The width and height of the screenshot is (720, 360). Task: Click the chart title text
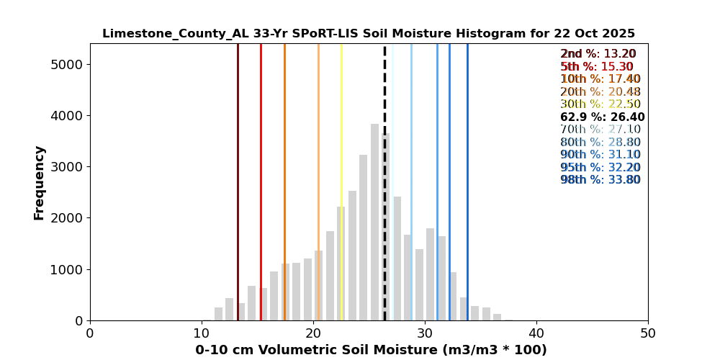click(x=368, y=34)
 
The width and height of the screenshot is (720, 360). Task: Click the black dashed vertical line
click(x=384, y=180)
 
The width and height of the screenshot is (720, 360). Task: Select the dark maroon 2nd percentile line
click(x=238, y=180)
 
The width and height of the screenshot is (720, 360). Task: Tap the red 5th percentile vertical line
click(x=261, y=180)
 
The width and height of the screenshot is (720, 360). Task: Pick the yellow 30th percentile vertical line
click(x=341, y=180)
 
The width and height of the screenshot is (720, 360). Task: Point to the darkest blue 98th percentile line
click(x=467, y=180)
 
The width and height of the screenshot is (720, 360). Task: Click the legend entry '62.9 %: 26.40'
click(x=602, y=117)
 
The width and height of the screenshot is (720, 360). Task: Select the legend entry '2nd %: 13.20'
click(x=598, y=54)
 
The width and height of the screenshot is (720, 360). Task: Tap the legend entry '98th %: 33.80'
click(x=600, y=180)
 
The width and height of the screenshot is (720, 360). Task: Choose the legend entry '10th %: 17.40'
click(x=600, y=79)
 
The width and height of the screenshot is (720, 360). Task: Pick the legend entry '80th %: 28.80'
click(x=600, y=143)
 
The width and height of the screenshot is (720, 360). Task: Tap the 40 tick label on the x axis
click(x=536, y=333)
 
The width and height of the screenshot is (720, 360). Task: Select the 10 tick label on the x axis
click(x=202, y=333)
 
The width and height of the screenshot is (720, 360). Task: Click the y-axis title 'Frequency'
click(x=40, y=182)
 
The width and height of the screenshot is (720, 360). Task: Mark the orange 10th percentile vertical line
click(x=284, y=180)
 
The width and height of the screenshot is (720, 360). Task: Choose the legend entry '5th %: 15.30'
click(x=597, y=67)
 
